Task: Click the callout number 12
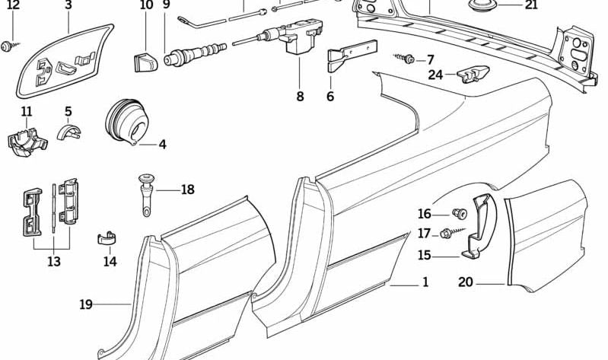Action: coord(13,5)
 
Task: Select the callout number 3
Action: coord(68,5)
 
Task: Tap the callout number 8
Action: coord(300,96)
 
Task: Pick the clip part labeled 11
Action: coord(27,139)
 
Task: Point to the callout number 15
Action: coord(424,256)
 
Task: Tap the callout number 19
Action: coord(86,304)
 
